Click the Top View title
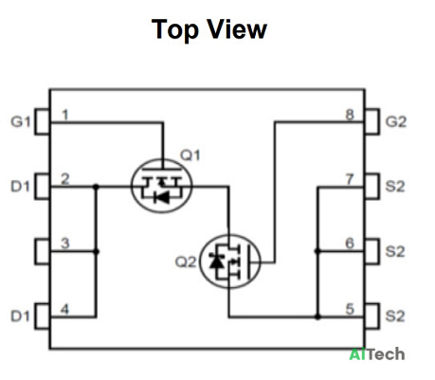(x=209, y=29)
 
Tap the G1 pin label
(x=21, y=121)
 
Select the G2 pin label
(x=396, y=121)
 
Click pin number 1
(x=65, y=115)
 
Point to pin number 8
(x=350, y=115)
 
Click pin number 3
(x=65, y=244)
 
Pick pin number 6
(x=350, y=244)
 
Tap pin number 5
(x=350, y=309)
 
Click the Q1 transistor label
(x=190, y=155)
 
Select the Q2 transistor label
(x=186, y=262)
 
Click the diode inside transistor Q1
(x=161, y=198)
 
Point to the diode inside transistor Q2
(x=217, y=262)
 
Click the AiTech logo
(x=377, y=354)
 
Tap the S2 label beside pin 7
(x=395, y=187)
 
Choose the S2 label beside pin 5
(x=395, y=317)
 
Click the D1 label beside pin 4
(x=20, y=317)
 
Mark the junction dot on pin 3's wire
(x=96, y=251)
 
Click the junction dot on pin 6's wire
(x=317, y=251)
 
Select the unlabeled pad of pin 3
(x=43, y=251)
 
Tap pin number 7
(x=350, y=179)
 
